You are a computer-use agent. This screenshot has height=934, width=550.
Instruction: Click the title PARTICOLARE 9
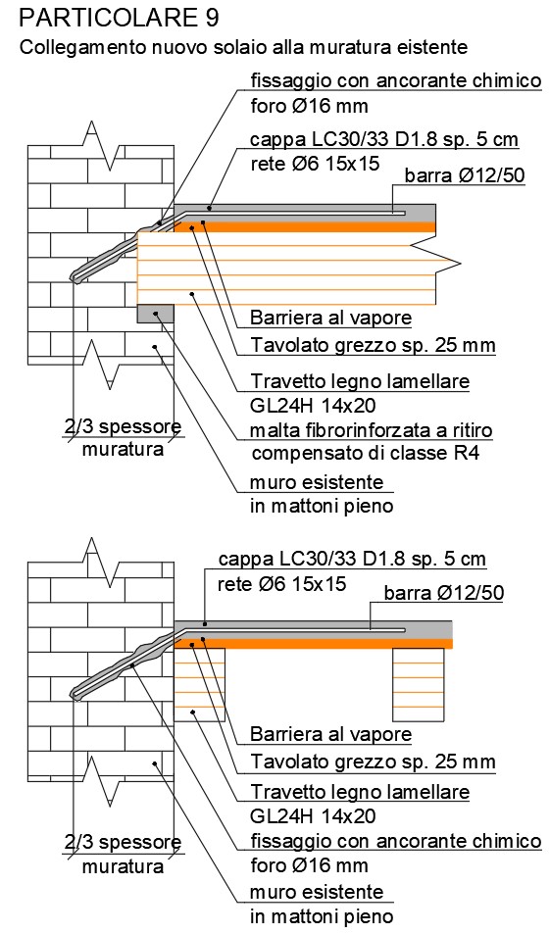[x=120, y=19]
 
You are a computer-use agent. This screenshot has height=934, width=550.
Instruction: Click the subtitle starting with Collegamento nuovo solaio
[x=244, y=47]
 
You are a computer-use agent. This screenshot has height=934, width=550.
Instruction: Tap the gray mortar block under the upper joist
[x=156, y=314]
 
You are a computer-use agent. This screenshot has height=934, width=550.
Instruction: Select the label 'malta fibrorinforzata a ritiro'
[x=372, y=429]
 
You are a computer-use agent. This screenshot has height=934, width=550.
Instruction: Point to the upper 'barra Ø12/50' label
[x=464, y=175]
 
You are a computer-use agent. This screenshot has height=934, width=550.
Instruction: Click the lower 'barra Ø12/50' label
[x=444, y=593]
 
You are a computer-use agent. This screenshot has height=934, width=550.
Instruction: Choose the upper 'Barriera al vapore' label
[x=330, y=318]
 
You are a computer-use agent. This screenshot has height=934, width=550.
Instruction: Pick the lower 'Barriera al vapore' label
[x=330, y=734]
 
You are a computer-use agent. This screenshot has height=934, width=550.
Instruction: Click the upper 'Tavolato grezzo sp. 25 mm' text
[x=373, y=345]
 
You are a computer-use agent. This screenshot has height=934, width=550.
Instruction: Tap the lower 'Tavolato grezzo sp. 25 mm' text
[x=373, y=762]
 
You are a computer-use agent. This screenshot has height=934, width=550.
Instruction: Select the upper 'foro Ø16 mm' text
[x=309, y=106]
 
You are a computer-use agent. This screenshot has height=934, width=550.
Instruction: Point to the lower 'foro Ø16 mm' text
[x=309, y=864]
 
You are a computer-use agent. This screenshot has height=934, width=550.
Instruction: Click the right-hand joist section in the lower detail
[x=419, y=684]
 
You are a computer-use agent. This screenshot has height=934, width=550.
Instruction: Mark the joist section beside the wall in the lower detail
[x=200, y=684]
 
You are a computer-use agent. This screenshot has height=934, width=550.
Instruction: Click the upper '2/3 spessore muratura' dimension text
[x=123, y=438]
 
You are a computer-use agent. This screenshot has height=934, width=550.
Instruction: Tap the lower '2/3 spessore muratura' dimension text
[x=123, y=855]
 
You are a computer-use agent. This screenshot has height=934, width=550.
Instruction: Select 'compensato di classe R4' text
[x=366, y=454]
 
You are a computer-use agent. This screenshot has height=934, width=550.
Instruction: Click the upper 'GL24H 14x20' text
[x=313, y=406]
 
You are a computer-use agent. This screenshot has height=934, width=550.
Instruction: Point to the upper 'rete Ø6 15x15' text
[x=315, y=164]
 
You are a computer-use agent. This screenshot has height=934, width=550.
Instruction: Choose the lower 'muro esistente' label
[x=317, y=892]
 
